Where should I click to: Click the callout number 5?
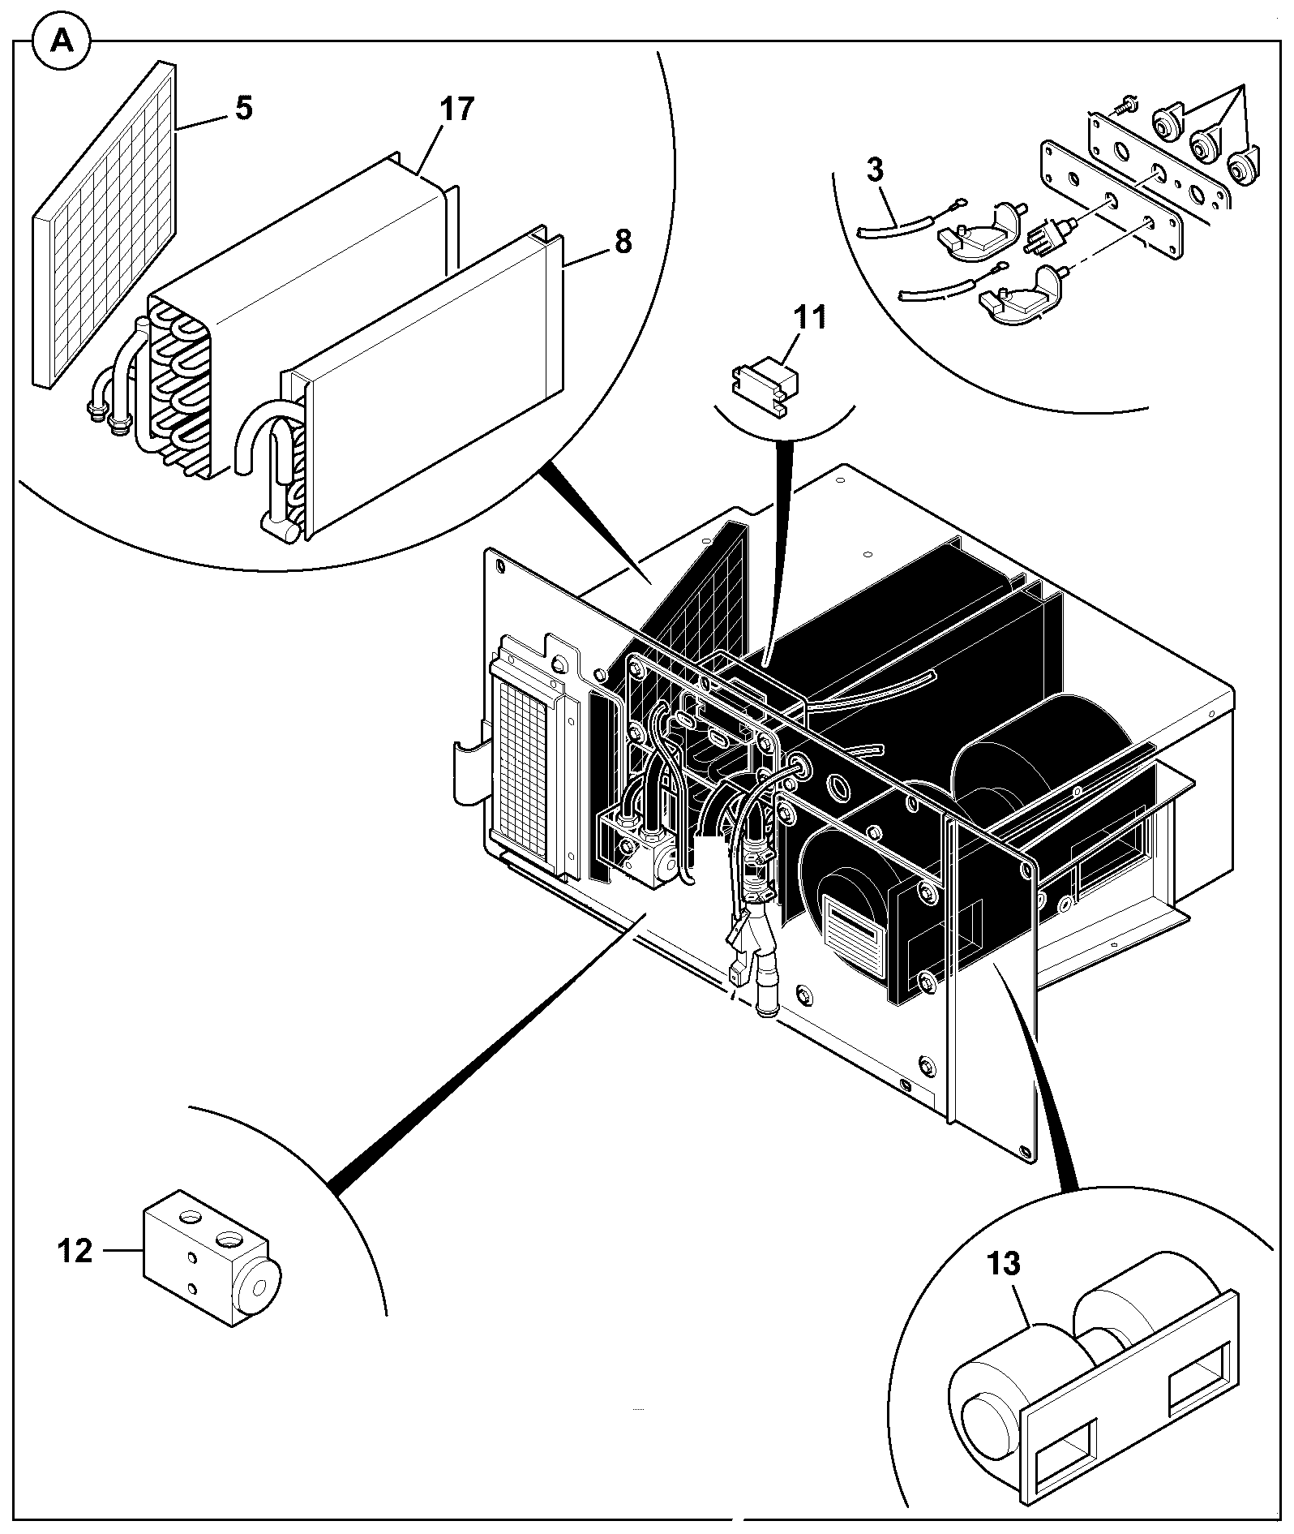pos(243,109)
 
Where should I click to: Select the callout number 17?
pos(457,109)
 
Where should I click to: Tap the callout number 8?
pos(623,242)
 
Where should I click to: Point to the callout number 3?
pos(875,170)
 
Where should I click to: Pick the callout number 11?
pos(810,317)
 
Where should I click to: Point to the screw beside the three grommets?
pos(1124,105)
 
